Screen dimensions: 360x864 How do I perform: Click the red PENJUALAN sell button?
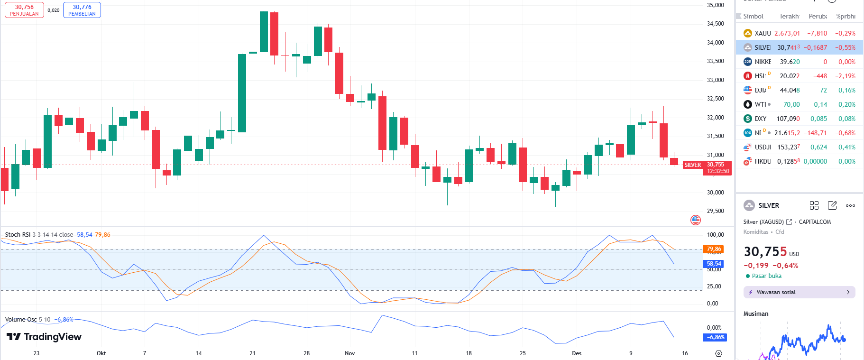point(24,10)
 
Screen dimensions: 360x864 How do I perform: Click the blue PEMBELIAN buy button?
point(82,10)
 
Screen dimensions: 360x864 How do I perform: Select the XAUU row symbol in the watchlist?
point(763,33)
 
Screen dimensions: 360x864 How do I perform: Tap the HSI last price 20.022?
point(790,76)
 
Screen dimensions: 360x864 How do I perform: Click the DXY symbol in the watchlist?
point(760,119)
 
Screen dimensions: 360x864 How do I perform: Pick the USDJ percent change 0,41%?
point(846,147)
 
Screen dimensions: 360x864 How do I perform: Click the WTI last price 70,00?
point(791,104)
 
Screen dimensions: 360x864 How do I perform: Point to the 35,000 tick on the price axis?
point(715,5)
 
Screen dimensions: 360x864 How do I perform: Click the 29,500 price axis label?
point(715,211)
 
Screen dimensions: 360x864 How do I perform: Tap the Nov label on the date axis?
point(350,353)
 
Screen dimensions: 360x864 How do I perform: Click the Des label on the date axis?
point(577,353)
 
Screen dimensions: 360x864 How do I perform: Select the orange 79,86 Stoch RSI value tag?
point(714,249)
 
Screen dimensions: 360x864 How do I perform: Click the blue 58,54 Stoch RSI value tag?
point(714,264)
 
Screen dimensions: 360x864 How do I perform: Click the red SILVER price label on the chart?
point(692,165)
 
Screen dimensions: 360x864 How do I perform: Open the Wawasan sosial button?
point(799,292)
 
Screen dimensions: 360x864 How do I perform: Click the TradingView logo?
point(44,337)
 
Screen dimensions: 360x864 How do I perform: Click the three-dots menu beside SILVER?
point(850,205)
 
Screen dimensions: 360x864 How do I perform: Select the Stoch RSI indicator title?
point(17,235)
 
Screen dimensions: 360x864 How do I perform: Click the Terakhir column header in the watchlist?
point(789,16)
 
